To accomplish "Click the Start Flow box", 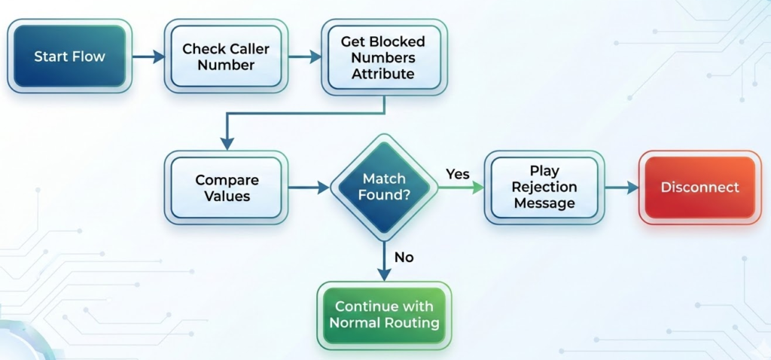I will pyautogui.click(x=69, y=56).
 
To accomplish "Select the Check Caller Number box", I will pyautogui.click(x=225, y=56).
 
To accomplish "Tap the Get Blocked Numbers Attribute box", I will pyautogui.click(x=382, y=57).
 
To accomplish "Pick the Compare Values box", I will pyautogui.click(x=227, y=188).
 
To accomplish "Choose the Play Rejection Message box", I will pyautogui.click(x=544, y=188).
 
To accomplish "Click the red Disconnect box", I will pyautogui.click(x=699, y=188).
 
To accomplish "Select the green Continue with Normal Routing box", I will pyautogui.click(x=384, y=315).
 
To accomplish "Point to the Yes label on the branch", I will pyautogui.click(x=457, y=174).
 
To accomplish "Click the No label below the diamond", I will pyautogui.click(x=404, y=258).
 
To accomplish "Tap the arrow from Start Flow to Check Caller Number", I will pyautogui.click(x=149, y=56).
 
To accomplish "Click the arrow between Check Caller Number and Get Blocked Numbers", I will pyautogui.click(x=305, y=56).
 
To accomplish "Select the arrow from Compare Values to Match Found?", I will pyautogui.click(x=309, y=188).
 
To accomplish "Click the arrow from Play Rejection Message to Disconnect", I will pyautogui.click(x=622, y=188).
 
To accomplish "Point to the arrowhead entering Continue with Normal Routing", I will pyautogui.click(x=384, y=275).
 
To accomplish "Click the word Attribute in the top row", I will pyautogui.click(x=382, y=74).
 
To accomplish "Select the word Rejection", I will pyautogui.click(x=544, y=188).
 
